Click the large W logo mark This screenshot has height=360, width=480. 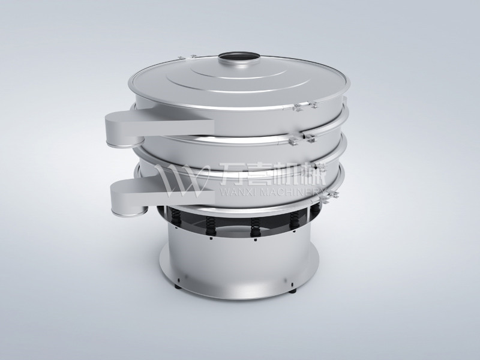pos(177,178)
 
